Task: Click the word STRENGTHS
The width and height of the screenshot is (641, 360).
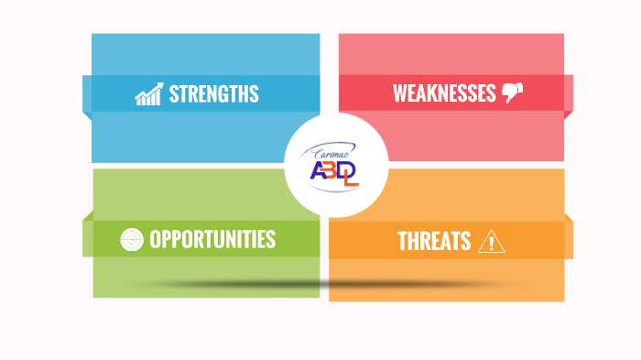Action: [213, 93]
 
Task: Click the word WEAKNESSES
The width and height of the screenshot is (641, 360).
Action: [444, 93]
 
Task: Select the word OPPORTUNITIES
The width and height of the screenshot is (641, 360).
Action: [212, 239]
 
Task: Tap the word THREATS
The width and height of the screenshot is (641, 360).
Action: [434, 241]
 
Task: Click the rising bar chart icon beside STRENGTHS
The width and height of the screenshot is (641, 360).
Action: [148, 93]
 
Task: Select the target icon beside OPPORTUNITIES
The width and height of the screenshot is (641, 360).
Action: [132, 239]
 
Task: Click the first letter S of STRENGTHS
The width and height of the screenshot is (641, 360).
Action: [174, 93]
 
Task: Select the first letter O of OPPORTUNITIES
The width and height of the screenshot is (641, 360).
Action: [155, 239]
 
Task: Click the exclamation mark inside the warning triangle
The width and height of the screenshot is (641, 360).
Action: [492, 243]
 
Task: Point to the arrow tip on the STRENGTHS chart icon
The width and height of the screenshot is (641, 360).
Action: [161, 84]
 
